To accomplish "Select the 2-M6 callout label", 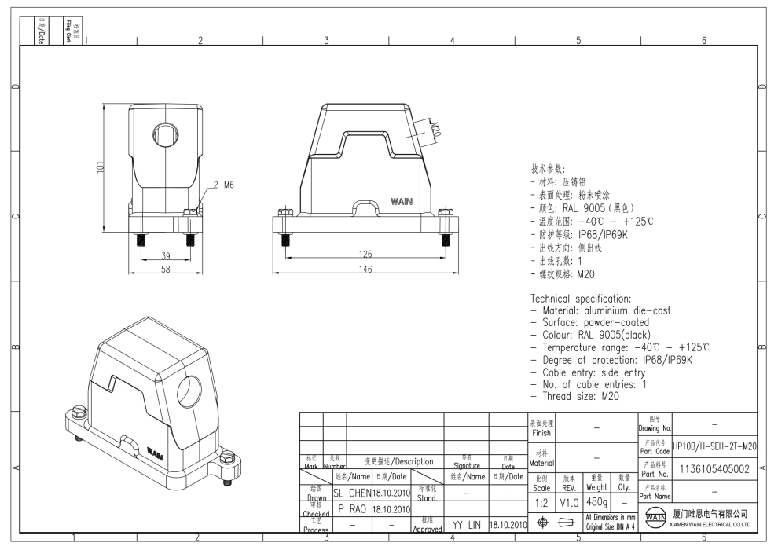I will pyautogui.click(x=222, y=185).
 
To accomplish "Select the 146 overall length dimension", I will pyautogui.click(x=362, y=269).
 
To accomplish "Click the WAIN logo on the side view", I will pyautogui.click(x=401, y=202).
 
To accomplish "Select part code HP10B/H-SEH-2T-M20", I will pyautogui.click(x=715, y=446).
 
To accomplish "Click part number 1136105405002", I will pyautogui.click(x=715, y=469).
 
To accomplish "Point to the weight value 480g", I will pyautogui.click(x=596, y=500).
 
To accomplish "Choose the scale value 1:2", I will pyautogui.click(x=541, y=500).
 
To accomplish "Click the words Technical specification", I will pyautogui.click(x=581, y=299).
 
